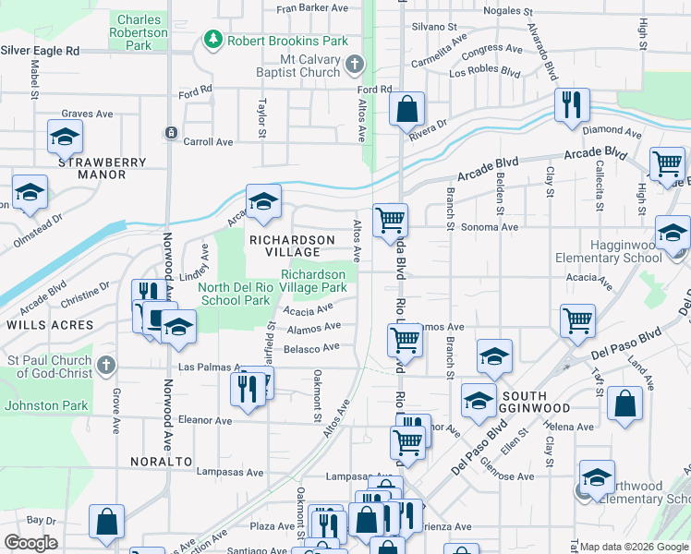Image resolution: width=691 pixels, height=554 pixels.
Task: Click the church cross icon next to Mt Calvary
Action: click(356, 65)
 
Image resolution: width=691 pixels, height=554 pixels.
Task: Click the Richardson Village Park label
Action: click(314, 281)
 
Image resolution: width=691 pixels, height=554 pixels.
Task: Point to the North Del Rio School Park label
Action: click(235, 294)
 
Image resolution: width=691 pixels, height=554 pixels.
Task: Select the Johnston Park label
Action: click(46, 404)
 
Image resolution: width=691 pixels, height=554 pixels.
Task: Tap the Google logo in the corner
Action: click(30, 543)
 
